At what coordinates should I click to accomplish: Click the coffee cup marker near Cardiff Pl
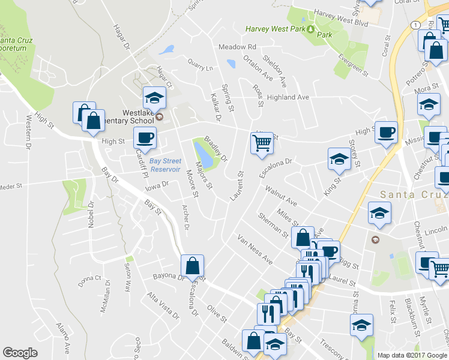point(145,138)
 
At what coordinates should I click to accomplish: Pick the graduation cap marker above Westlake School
point(154,98)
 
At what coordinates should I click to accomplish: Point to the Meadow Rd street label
point(237,47)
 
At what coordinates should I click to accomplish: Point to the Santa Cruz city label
point(415,196)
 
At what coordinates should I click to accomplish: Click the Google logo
point(20,353)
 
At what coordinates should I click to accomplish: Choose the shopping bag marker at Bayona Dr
point(193,266)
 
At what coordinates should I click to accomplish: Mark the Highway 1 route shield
point(415,25)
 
